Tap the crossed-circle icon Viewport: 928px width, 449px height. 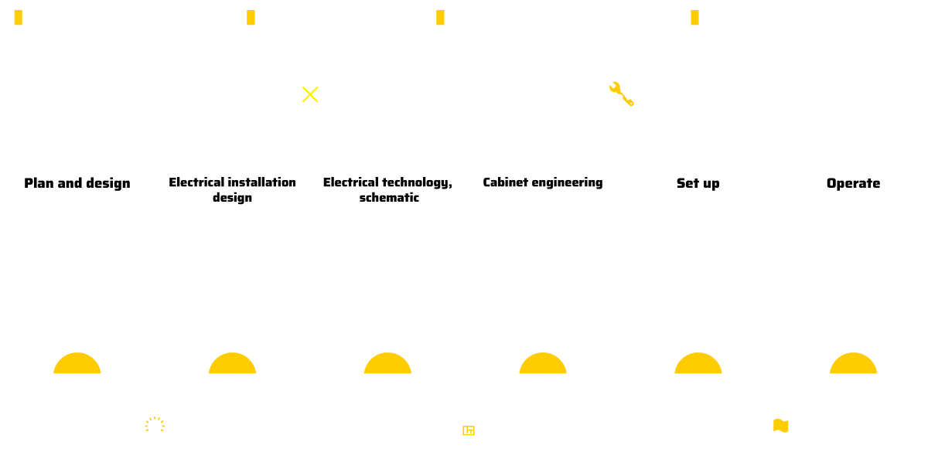click(x=310, y=94)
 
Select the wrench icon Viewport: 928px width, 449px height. click(x=622, y=94)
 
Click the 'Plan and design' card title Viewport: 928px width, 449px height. click(x=77, y=183)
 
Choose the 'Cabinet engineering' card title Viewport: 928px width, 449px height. click(x=543, y=182)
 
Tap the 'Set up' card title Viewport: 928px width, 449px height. click(x=698, y=183)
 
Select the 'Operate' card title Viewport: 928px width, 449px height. click(x=854, y=183)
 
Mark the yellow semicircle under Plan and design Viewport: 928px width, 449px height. click(x=77, y=364)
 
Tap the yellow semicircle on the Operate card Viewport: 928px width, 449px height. click(x=854, y=364)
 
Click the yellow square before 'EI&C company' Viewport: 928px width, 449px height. click(x=251, y=18)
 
